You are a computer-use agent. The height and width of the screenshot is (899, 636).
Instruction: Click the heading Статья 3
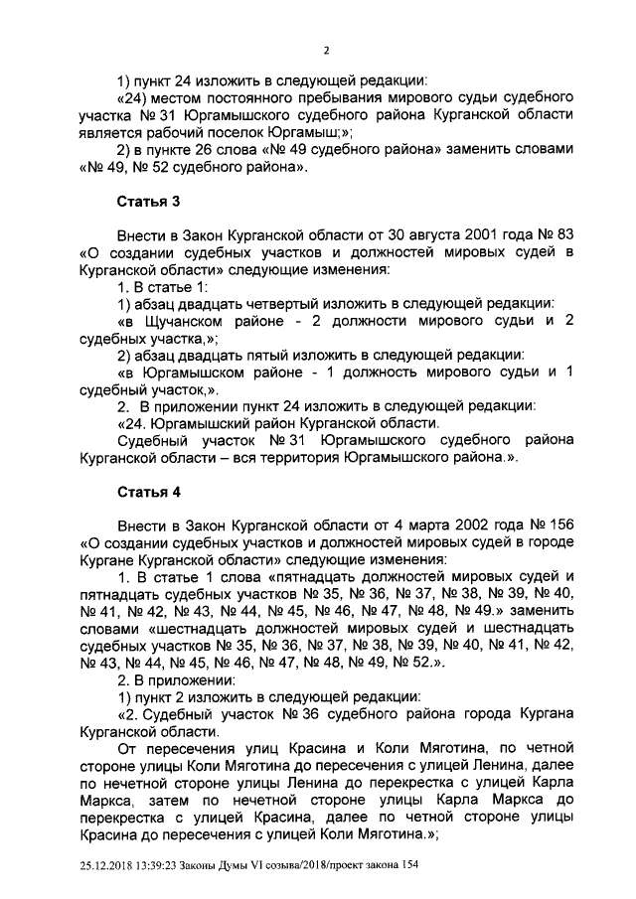(x=149, y=203)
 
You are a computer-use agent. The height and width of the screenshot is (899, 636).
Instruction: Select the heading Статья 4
(x=149, y=491)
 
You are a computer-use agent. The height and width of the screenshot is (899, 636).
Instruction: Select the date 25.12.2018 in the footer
(x=103, y=867)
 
